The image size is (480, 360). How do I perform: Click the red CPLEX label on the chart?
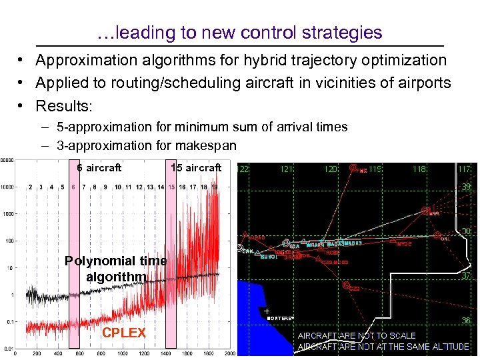pyautogui.click(x=123, y=333)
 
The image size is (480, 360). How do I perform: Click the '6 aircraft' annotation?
pyautogui.click(x=99, y=167)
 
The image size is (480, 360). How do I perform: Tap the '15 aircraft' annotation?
pyautogui.click(x=195, y=167)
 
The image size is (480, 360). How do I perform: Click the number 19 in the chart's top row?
pyautogui.click(x=214, y=187)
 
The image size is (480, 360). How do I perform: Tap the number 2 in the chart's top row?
pyautogui.click(x=31, y=187)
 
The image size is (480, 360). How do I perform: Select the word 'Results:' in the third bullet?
pyautogui.click(x=64, y=106)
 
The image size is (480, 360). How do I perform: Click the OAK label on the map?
pyautogui.click(x=247, y=251)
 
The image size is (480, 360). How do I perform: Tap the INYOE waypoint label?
pyautogui.click(x=403, y=244)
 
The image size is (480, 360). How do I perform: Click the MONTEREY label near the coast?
pyautogui.click(x=280, y=319)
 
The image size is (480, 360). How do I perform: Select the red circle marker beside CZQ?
pyautogui.click(x=346, y=285)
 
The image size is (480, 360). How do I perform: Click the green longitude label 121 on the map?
pyautogui.click(x=286, y=169)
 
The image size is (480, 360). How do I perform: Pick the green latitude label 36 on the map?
pyautogui.click(x=465, y=320)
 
